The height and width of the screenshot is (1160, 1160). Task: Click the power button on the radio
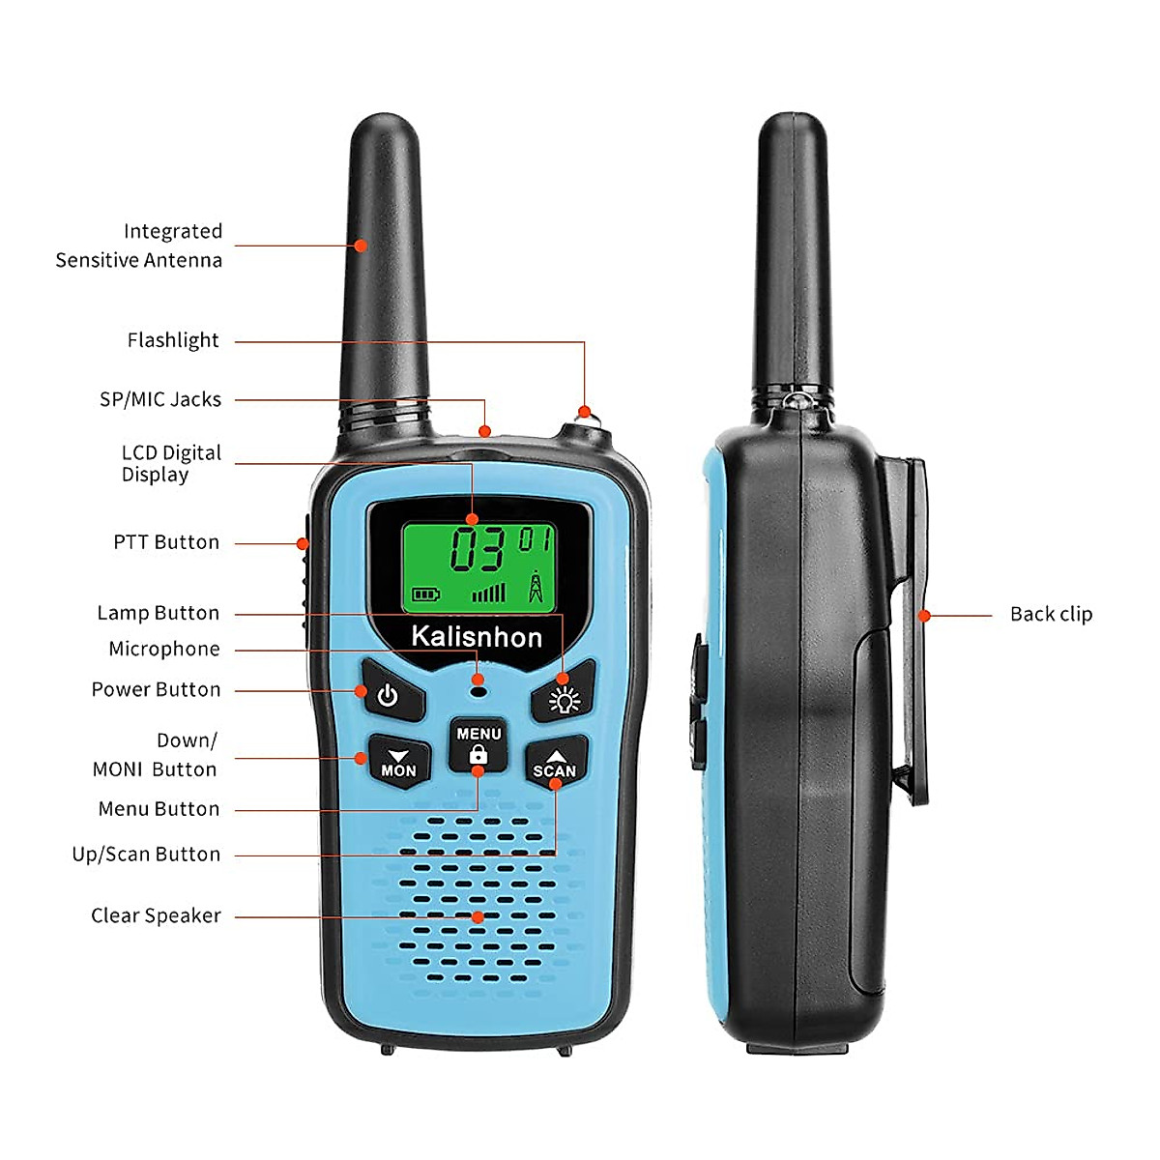pyautogui.click(x=391, y=692)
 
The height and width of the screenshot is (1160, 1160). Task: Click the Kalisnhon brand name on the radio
pyautogui.click(x=477, y=637)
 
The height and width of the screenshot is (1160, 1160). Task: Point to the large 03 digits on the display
pyautogui.click(x=477, y=550)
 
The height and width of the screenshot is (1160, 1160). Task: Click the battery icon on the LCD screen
pyautogui.click(x=425, y=594)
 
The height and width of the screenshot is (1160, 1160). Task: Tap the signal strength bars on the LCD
pyautogui.click(x=488, y=592)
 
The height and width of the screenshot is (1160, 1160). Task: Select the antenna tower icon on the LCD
pyautogui.click(x=536, y=587)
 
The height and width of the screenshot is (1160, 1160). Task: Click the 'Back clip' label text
pyautogui.click(x=1051, y=615)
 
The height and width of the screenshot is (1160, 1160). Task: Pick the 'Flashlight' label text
pyautogui.click(x=173, y=340)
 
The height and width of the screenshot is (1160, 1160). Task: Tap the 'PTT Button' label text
pyautogui.click(x=166, y=542)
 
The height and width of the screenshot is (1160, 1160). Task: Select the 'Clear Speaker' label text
pyautogui.click(x=156, y=915)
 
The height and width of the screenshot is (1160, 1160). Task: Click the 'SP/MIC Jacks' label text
pyautogui.click(x=160, y=399)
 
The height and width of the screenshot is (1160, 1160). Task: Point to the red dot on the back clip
pyautogui.click(x=924, y=615)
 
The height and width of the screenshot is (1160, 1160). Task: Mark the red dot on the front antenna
pyautogui.click(x=361, y=246)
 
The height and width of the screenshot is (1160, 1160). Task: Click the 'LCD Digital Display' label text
pyautogui.click(x=170, y=464)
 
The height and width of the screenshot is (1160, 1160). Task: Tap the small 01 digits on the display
pyautogui.click(x=536, y=538)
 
